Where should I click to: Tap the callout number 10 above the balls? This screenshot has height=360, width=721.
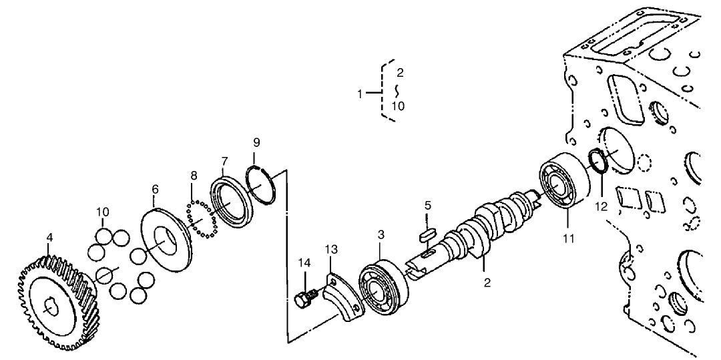(101, 212)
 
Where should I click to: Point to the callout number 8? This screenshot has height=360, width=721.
(194, 175)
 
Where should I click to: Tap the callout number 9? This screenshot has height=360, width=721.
(256, 142)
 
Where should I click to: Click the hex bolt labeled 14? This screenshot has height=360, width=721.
(303, 299)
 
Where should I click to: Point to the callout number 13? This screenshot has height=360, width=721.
(332, 249)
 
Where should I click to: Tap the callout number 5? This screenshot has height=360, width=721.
(427, 206)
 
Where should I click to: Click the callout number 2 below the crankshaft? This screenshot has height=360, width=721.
(487, 283)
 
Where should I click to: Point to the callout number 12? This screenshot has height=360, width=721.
(602, 206)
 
